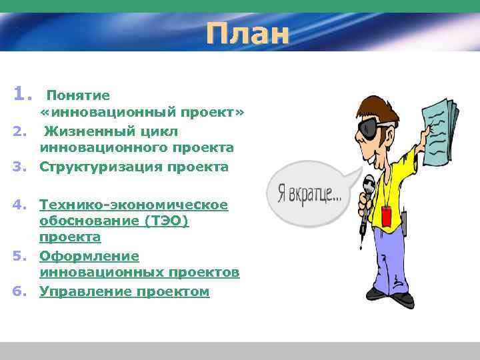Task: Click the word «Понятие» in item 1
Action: [x=78, y=96]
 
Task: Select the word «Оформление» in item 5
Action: [x=89, y=256]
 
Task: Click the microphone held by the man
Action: [x=367, y=190]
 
